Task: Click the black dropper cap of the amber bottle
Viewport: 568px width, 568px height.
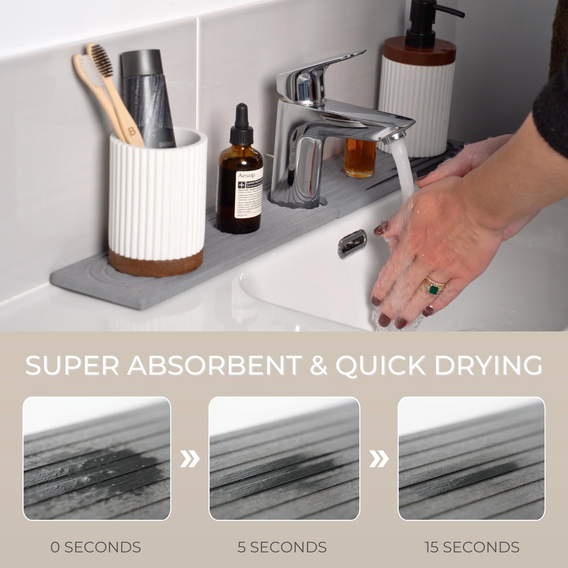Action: coord(240,125)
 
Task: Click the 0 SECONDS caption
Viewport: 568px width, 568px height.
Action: coord(96,547)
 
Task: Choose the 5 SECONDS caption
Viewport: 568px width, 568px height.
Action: coord(282,547)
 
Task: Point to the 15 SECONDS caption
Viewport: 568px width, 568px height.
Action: coord(472,547)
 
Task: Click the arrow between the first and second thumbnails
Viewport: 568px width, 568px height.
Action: coord(190,459)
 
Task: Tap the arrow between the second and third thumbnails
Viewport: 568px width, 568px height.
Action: coord(379,459)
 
